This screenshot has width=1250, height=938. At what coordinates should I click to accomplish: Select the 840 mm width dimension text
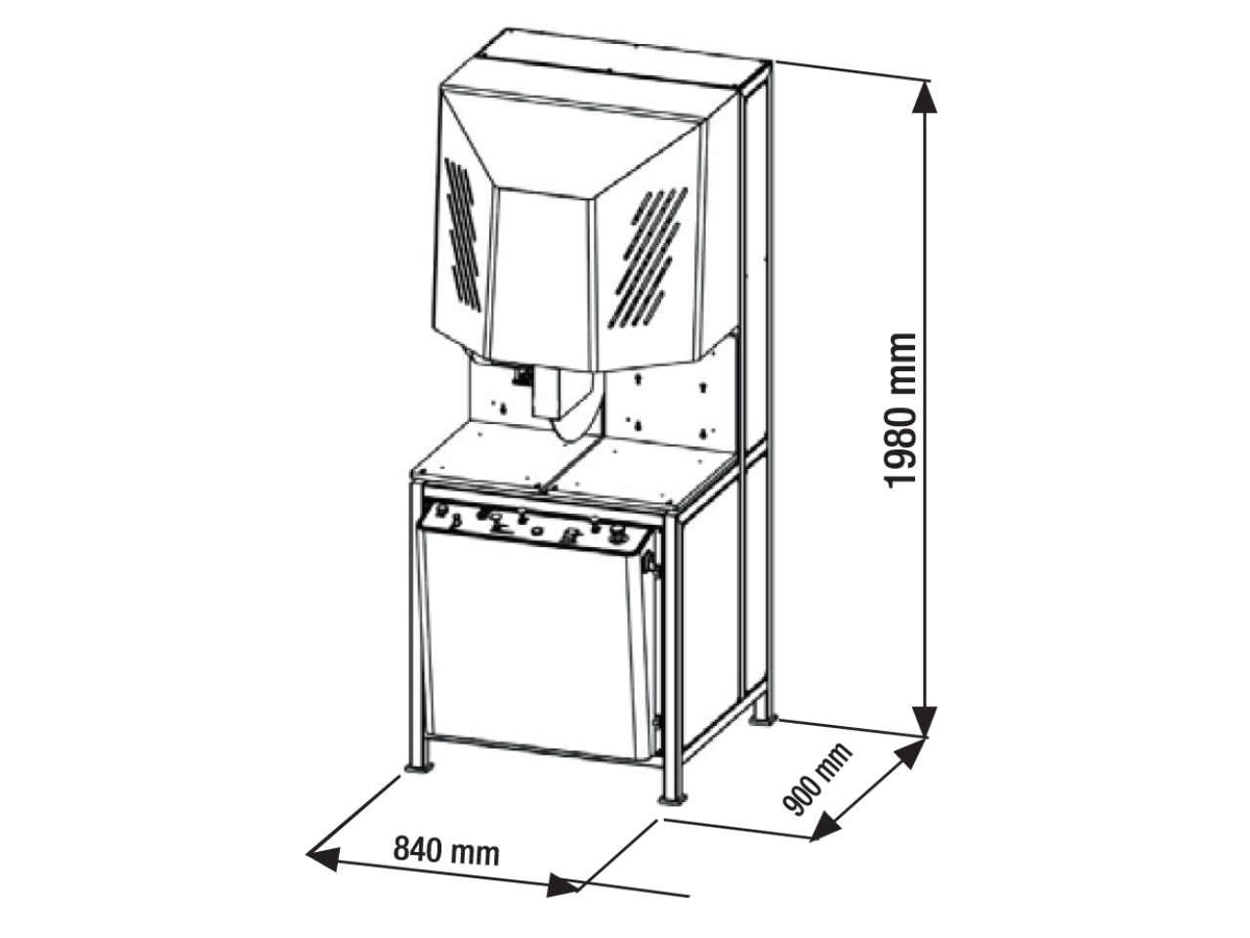[x=446, y=850]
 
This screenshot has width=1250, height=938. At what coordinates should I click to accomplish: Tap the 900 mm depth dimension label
[x=817, y=778]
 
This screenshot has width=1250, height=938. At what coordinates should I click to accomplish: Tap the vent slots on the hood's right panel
[x=647, y=257]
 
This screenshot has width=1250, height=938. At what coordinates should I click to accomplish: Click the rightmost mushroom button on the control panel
[x=617, y=533]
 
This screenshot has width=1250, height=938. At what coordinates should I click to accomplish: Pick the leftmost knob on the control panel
[x=440, y=509]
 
